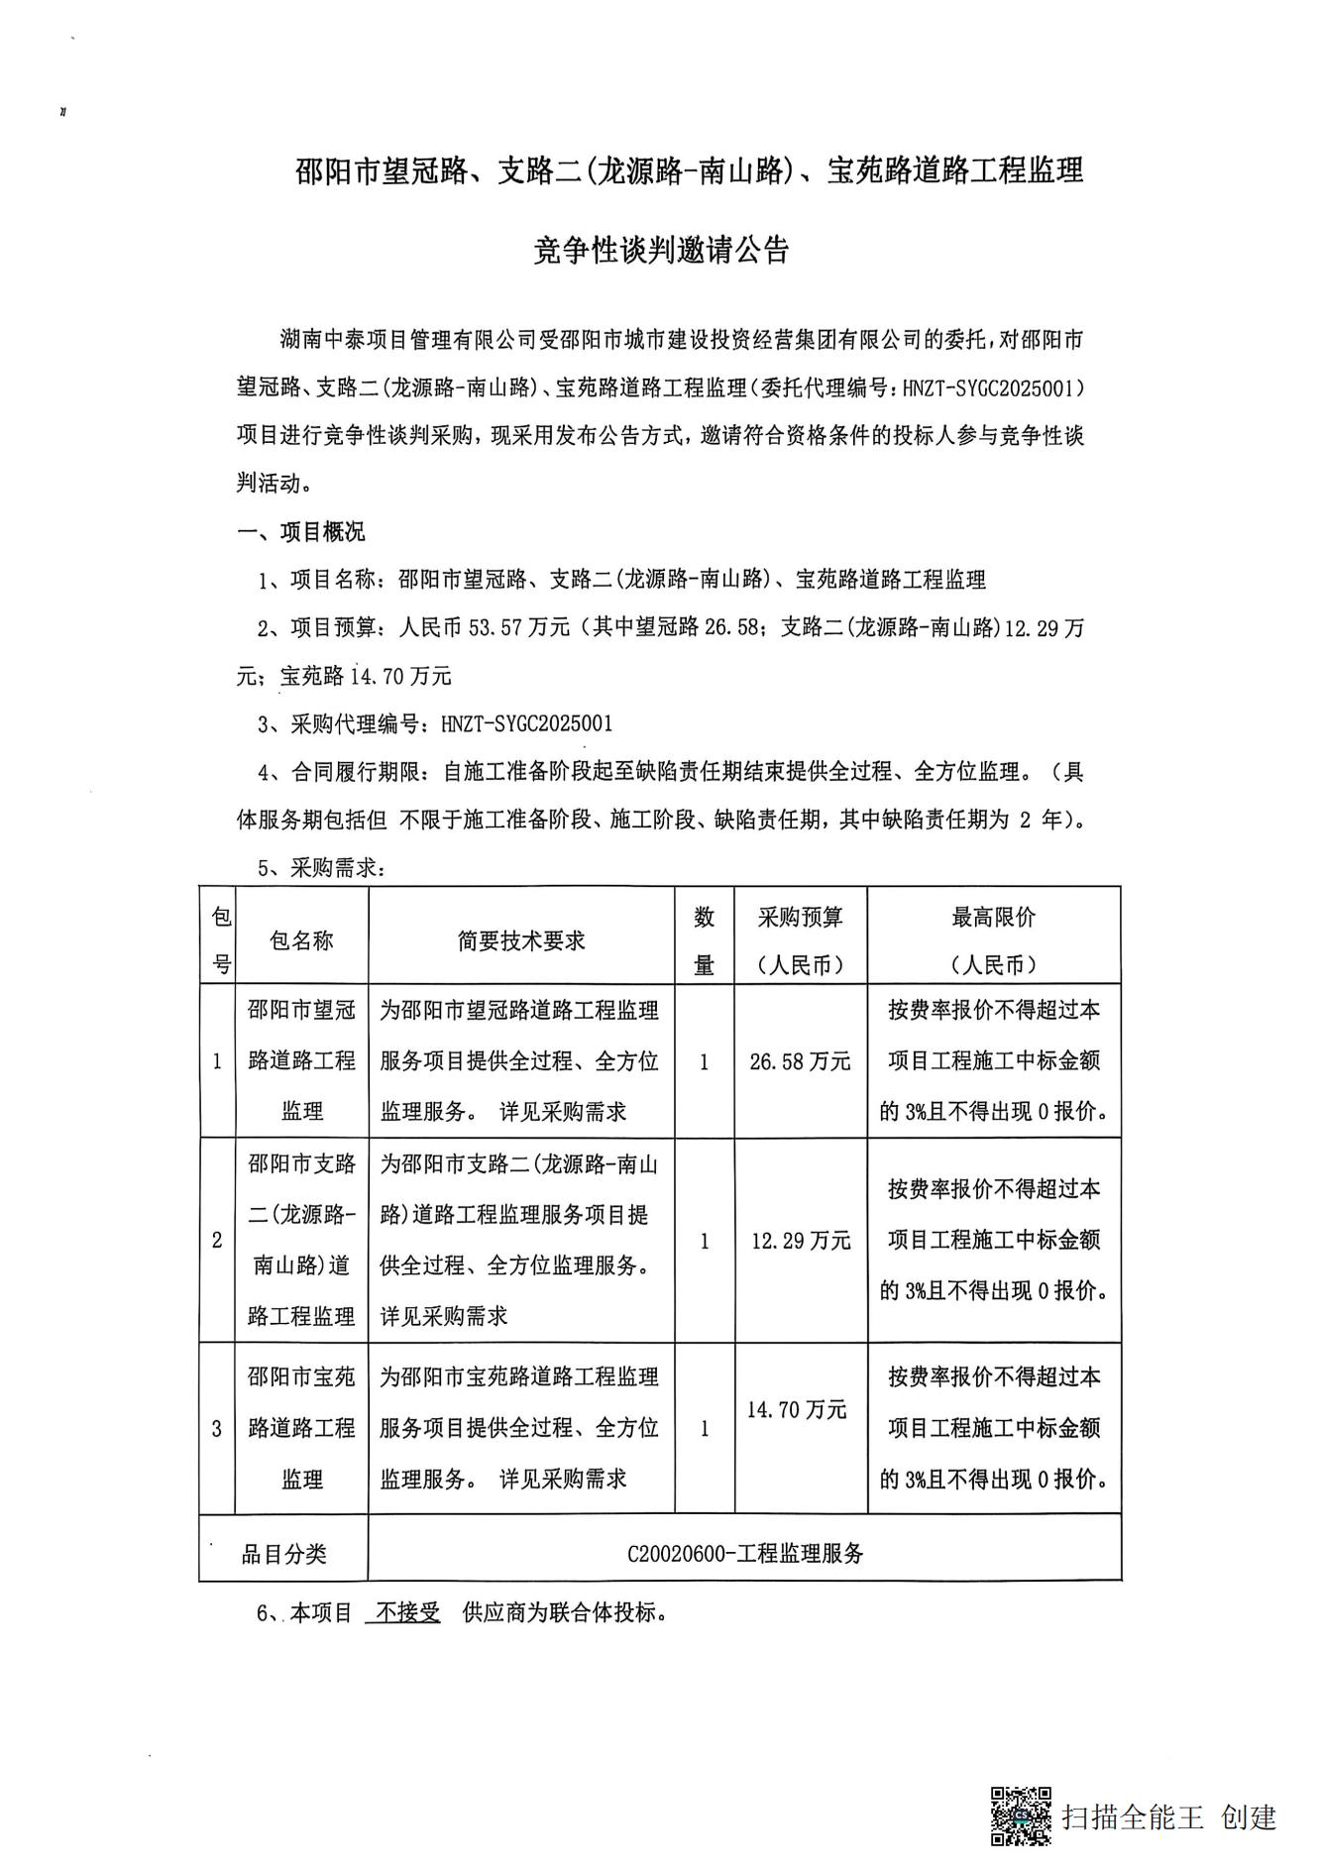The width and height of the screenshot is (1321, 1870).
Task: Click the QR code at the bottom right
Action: [1021, 1815]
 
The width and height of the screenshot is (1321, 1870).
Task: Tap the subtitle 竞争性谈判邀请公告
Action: [661, 251]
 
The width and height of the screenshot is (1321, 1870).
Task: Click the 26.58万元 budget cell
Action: [800, 1061]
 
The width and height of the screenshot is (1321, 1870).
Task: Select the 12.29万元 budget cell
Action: [800, 1240]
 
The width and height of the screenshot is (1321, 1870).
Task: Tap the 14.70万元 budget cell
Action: [797, 1409]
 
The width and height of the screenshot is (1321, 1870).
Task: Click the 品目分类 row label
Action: [283, 1553]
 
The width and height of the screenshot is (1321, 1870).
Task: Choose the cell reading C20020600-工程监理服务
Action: [744, 1553]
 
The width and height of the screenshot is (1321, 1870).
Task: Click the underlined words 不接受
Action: [402, 1612]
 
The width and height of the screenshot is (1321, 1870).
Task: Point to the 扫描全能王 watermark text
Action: [1132, 1816]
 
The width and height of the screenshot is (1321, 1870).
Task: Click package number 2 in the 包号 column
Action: [217, 1240]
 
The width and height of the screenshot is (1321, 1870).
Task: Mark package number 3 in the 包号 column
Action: [217, 1428]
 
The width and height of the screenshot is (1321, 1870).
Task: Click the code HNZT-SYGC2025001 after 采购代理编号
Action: [526, 723]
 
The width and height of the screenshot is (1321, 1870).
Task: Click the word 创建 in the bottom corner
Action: [1249, 1816]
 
